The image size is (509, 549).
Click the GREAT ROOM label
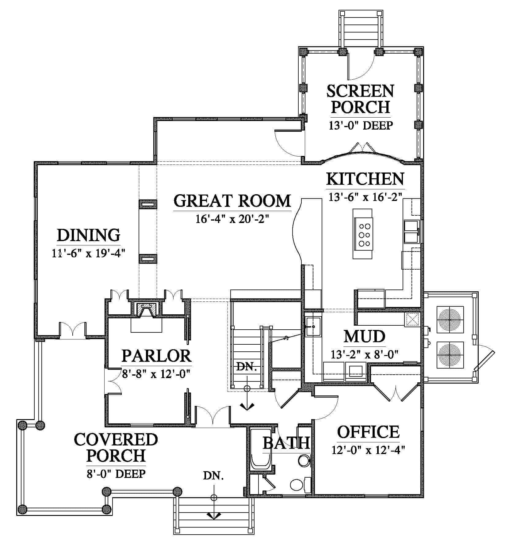click(232, 201)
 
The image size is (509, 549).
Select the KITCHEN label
click(365, 179)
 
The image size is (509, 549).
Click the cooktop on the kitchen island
click(365, 235)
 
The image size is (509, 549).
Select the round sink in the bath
click(304, 460)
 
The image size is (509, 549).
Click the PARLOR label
click(156, 356)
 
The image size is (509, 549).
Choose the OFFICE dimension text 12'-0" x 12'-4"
click(368, 450)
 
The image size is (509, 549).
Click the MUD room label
click(364, 336)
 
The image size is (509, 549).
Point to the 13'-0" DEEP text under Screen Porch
click(361, 125)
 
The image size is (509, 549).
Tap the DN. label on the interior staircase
click(247, 367)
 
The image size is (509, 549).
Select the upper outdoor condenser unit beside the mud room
click(450, 320)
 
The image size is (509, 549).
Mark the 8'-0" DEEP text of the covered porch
click(116, 474)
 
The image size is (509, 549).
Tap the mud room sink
click(313, 327)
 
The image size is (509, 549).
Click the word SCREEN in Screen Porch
click(360, 91)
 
